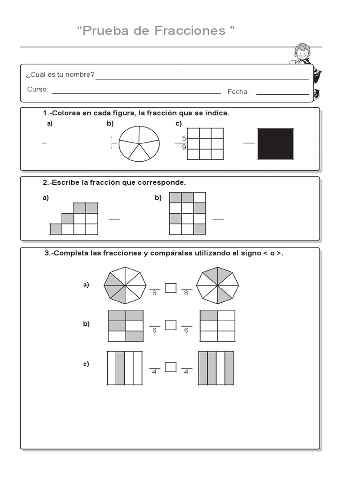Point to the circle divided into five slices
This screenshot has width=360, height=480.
(x=139, y=144)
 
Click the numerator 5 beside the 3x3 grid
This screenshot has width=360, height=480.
(x=184, y=138)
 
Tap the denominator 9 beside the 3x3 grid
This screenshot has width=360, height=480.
(x=184, y=148)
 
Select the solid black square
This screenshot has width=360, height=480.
(x=276, y=144)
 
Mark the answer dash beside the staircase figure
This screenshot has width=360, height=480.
(x=114, y=219)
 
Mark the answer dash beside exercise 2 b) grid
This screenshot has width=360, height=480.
(x=218, y=219)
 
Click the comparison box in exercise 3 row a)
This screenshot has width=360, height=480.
(x=171, y=288)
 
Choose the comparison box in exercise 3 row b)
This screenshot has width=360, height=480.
(x=171, y=325)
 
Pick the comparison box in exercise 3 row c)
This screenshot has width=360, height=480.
(x=171, y=367)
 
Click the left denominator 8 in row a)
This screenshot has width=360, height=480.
(x=154, y=293)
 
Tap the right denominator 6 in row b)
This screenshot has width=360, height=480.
(x=187, y=330)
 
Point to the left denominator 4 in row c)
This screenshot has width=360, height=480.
(x=154, y=372)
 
